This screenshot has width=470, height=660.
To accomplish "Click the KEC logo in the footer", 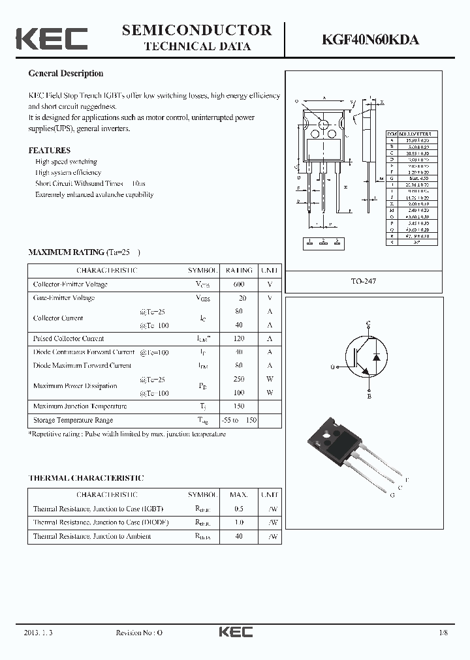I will point(235,632).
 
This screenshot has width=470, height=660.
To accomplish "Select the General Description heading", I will point(66,74).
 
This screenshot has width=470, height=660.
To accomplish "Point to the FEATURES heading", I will point(50,150).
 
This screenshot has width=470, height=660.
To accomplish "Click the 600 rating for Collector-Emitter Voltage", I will point(238,284).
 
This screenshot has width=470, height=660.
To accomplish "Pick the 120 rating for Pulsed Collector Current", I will point(238,338).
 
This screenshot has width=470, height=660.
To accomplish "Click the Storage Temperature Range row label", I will point(73,420).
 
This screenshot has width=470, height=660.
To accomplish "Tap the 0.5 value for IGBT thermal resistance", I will point(238,509).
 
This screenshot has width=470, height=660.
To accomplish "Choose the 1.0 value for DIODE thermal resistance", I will point(238,522).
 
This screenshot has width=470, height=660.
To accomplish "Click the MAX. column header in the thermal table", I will point(238,495).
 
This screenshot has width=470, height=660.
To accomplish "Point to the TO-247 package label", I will point(364,281).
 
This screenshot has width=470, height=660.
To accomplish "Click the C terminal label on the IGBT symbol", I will point(368,323).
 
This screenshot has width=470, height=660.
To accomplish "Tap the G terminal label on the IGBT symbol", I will point(332,367).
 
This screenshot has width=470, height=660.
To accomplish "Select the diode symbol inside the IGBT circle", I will point(375,357).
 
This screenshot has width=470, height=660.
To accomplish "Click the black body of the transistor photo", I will point(337,449).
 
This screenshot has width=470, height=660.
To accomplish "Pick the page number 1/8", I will point(444,633).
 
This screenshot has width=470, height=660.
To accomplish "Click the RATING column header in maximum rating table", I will point(238,270).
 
